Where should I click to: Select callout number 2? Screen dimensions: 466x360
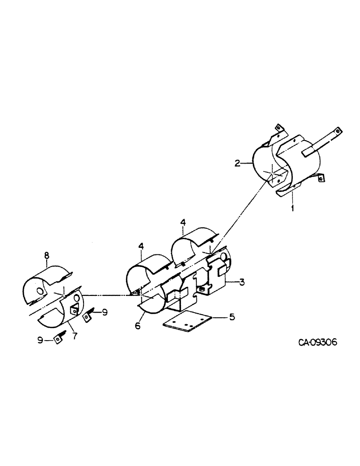coord(237,163)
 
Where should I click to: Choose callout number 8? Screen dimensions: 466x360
coord(46,255)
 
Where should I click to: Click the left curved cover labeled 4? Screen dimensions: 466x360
coord(145,275)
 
